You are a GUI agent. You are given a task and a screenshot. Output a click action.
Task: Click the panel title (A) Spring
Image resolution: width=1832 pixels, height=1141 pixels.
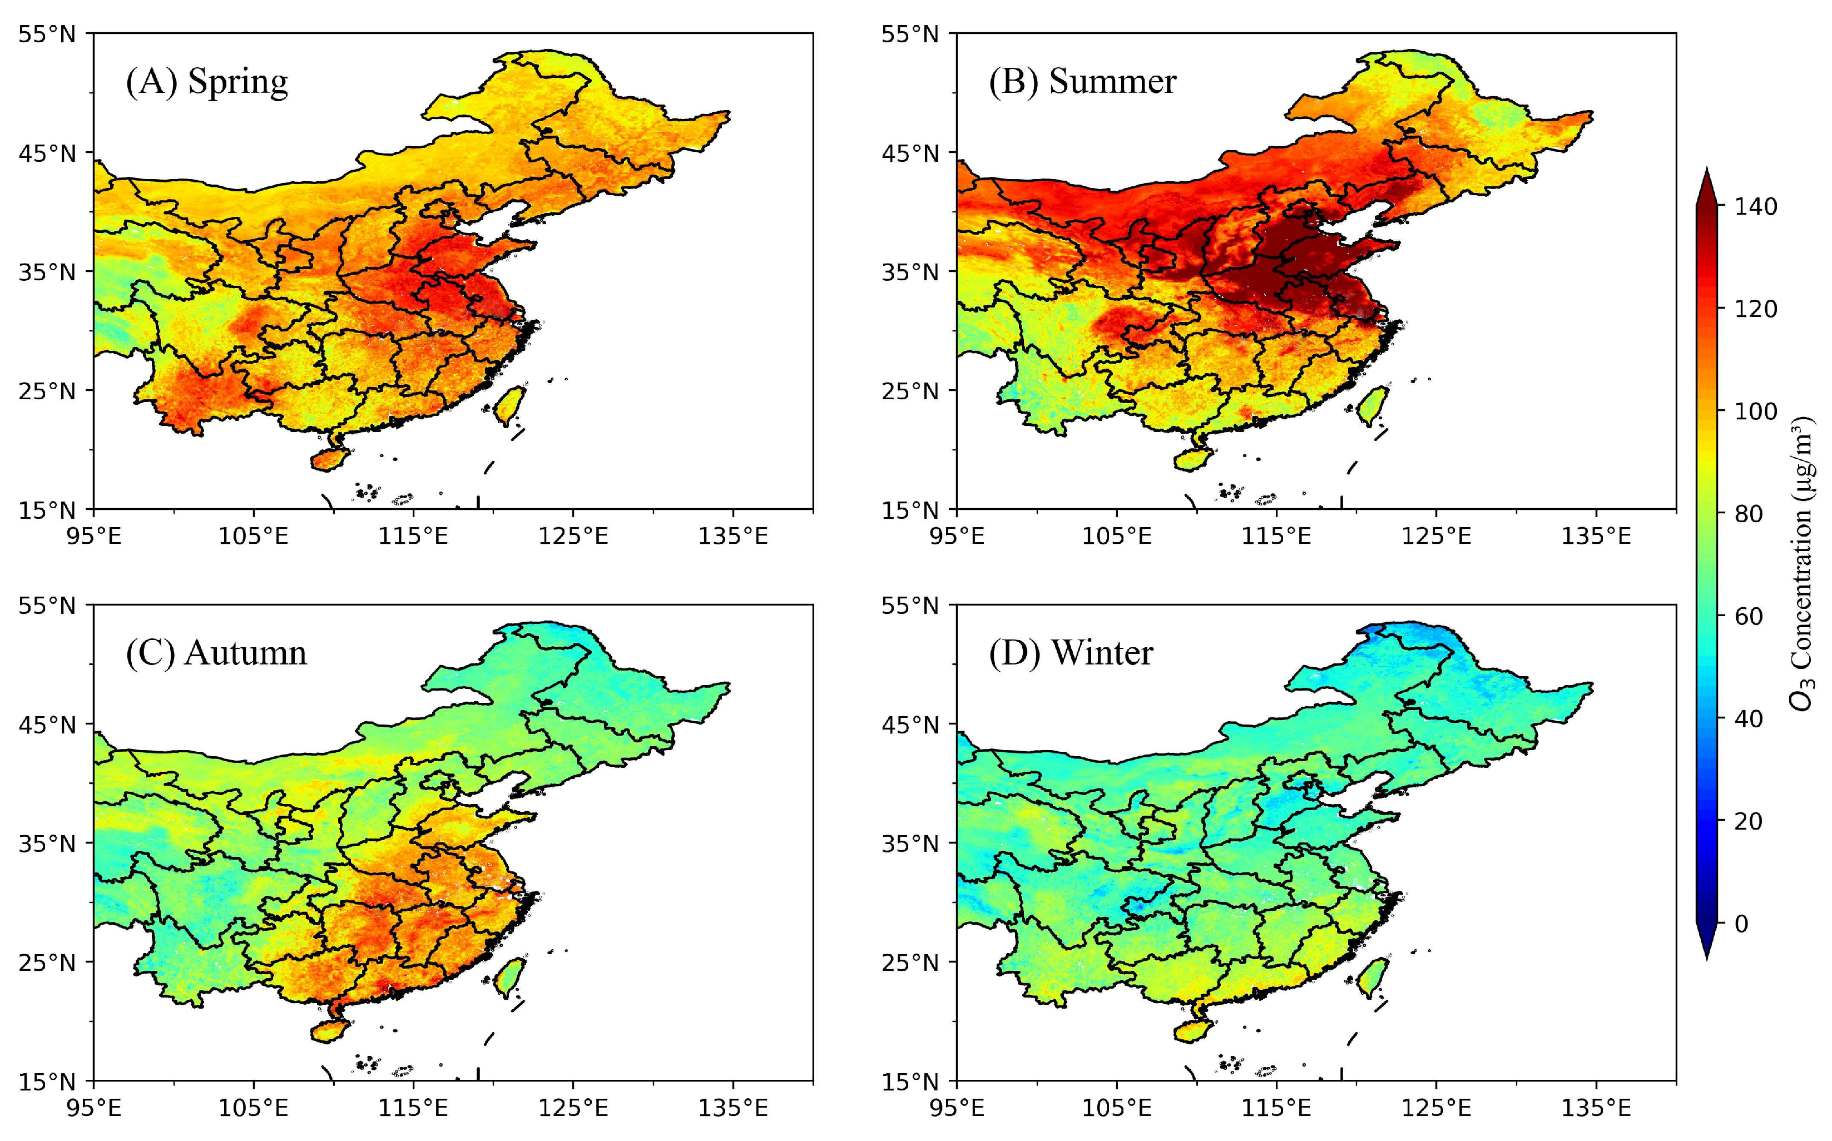tap(206, 82)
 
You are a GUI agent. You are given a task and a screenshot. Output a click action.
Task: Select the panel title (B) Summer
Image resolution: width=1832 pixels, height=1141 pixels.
tap(1082, 82)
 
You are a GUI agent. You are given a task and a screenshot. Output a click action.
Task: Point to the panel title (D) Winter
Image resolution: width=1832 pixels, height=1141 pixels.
tap(1071, 653)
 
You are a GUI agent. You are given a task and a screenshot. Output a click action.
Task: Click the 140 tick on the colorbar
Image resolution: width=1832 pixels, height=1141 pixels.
tap(1756, 206)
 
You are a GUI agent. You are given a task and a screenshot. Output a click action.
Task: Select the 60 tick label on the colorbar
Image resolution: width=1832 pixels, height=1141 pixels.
tap(1748, 616)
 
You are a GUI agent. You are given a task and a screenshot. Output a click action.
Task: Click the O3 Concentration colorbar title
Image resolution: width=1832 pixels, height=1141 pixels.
tap(1802, 562)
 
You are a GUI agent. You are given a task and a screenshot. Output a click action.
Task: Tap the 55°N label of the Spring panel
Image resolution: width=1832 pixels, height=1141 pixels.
tap(47, 34)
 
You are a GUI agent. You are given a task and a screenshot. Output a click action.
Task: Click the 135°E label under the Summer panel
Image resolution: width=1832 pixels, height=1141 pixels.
tap(1595, 537)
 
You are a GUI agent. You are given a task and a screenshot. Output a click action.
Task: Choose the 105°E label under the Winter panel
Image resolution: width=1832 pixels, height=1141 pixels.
tap(1116, 1108)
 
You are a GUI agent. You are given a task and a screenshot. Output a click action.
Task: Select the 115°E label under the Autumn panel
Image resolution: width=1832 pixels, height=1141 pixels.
tap(413, 1108)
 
